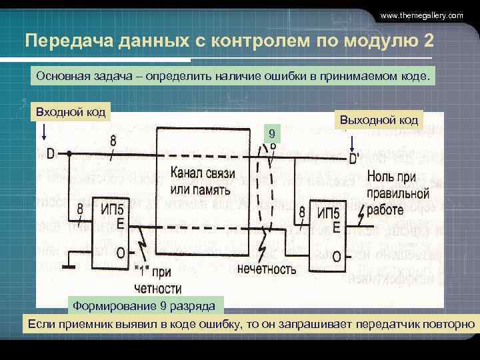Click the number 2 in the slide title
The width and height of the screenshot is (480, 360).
(427, 41)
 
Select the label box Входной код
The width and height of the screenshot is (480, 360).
(71, 110)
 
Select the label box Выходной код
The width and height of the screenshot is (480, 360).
(379, 120)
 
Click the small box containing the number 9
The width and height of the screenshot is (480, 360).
(271, 135)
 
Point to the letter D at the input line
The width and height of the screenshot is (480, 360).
(51, 154)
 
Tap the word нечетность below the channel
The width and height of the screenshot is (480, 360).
(267, 269)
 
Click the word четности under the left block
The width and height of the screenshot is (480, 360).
(157, 288)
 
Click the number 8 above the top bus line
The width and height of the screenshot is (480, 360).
(113, 141)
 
